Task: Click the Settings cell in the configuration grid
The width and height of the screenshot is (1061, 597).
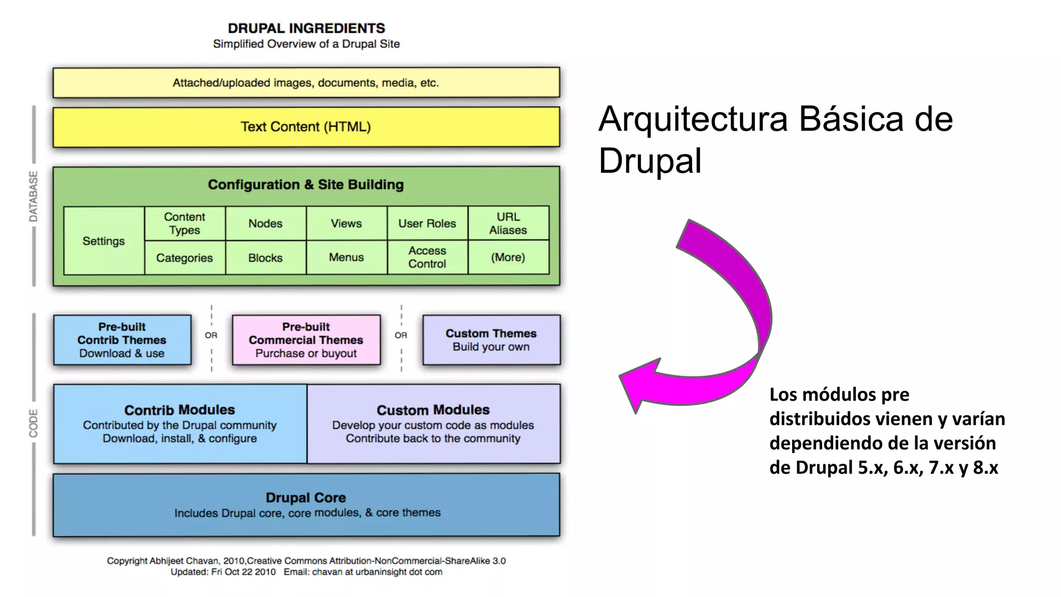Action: (104, 241)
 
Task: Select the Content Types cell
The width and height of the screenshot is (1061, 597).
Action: (184, 223)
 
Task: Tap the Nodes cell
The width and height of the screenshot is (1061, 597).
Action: (265, 223)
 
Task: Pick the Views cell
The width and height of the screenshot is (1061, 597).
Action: (346, 223)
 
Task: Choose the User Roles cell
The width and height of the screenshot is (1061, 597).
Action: (427, 223)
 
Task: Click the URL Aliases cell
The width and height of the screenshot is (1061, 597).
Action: (508, 223)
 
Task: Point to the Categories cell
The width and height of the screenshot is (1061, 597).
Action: (184, 258)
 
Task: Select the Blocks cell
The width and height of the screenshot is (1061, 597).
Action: (265, 258)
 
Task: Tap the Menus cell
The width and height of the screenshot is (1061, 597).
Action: (346, 258)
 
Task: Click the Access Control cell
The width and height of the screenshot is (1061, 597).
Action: (427, 258)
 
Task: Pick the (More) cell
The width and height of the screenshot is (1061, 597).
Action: (508, 258)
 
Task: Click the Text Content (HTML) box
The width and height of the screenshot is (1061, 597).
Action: (306, 127)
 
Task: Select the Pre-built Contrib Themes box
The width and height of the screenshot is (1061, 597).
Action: (122, 340)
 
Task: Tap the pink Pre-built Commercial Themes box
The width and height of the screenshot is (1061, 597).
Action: (306, 340)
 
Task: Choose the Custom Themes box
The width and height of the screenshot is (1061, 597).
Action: (491, 340)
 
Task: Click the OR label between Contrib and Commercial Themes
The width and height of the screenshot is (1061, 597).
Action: (211, 335)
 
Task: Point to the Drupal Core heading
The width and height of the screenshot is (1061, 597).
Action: (306, 497)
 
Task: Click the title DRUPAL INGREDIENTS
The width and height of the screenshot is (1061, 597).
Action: (306, 28)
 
